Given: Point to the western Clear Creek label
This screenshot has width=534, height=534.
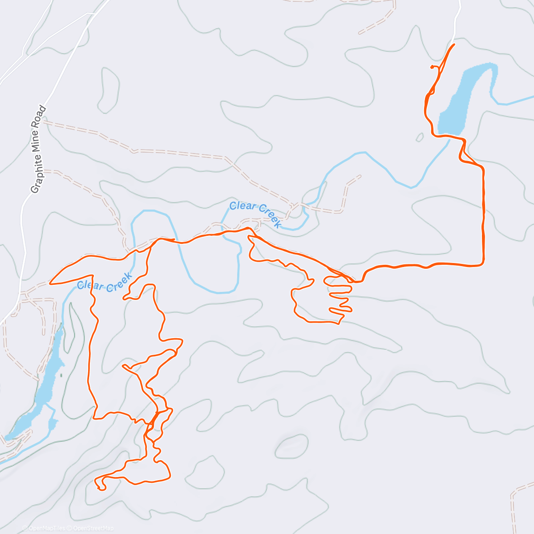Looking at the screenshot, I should pyautogui.click(x=105, y=283).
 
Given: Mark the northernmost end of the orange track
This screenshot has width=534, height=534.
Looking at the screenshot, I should pyautogui.click(x=454, y=44).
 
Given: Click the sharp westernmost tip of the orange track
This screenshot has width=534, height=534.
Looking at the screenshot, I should pyautogui.click(x=50, y=283).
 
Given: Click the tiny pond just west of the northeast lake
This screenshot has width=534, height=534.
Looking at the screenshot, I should pyautogui.click(x=420, y=137).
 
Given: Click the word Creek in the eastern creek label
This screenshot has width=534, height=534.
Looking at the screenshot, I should pyautogui.click(x=269, y=216).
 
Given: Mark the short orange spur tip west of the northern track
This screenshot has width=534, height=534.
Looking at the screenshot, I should pyautogui.click(x=431, y=67).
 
